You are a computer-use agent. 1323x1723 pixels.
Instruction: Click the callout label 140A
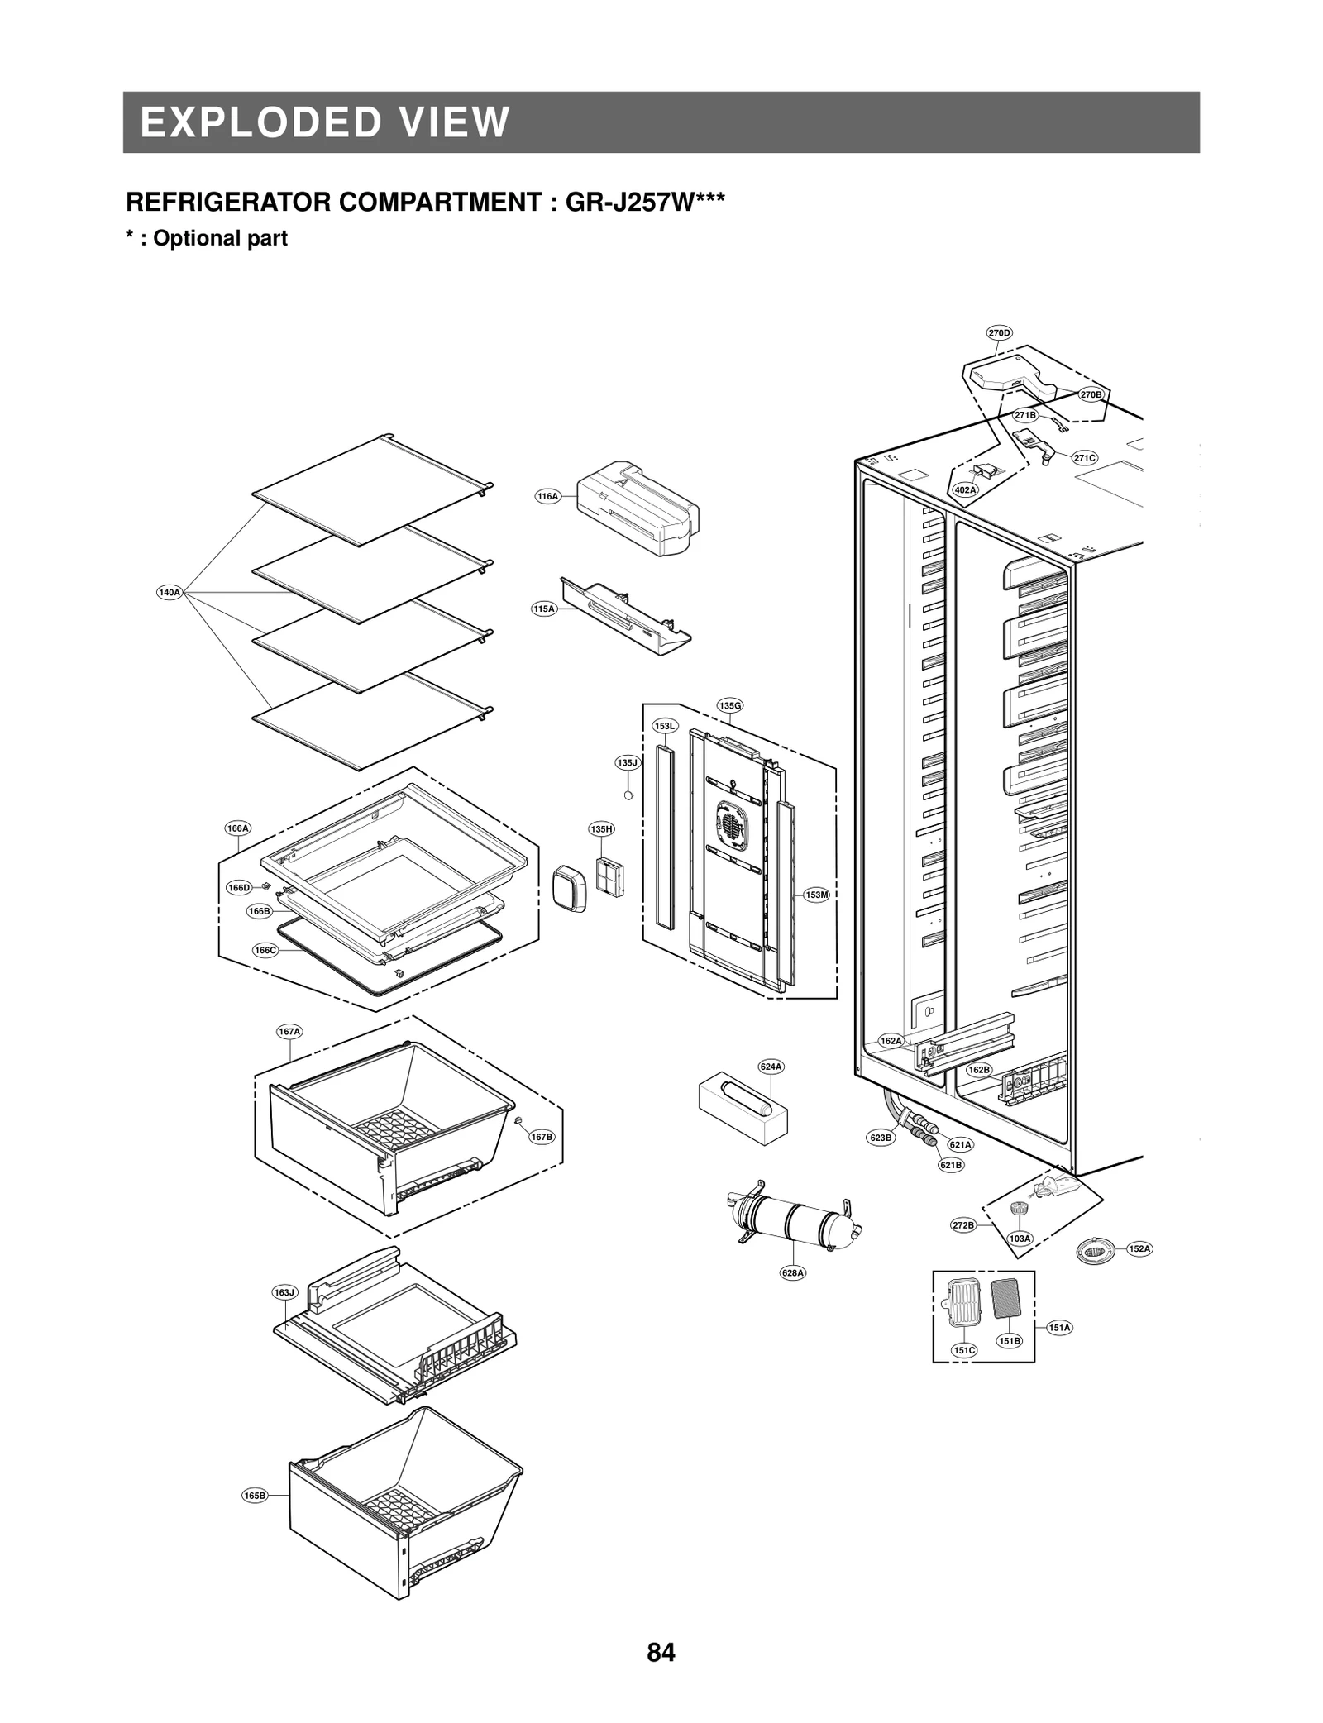169,592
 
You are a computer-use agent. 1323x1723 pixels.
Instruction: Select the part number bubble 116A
547,496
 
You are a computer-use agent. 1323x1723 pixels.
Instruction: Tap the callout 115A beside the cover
543,609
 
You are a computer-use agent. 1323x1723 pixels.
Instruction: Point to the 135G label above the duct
729,705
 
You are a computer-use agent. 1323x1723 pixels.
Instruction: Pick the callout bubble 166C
265,950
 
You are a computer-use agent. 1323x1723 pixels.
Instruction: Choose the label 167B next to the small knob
542,1137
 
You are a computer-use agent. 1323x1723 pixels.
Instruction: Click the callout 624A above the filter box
771,1067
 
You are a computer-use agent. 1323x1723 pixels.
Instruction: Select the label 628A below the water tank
793,1272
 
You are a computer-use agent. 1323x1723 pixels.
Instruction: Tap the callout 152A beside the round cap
1139,1248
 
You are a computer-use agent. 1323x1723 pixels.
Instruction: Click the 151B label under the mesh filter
1009,1341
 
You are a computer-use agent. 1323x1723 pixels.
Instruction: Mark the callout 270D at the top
999,333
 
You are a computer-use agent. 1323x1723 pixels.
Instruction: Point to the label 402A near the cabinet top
965,489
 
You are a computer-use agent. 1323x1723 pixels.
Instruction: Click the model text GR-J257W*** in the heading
645,202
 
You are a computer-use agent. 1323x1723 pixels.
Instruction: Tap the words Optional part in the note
220,238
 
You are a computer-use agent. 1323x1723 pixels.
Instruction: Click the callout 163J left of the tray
284,1291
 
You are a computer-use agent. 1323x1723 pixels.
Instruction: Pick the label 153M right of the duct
816,895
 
